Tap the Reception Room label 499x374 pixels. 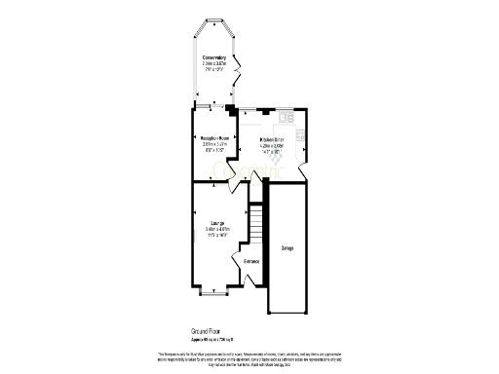(x=213, y=138)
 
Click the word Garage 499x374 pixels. (x=288, y=248)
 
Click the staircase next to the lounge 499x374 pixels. (x=256, y=223)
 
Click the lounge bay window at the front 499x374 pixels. (x=213, y=290)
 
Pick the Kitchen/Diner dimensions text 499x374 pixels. (x=278, y=148)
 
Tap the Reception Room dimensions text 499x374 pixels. (x=213, y=148)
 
